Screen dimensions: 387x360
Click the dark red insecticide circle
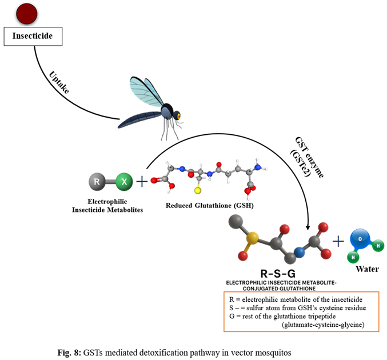[27, 14]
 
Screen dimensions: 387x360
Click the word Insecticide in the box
[33, 36]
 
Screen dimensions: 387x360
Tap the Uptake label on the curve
[59, 82]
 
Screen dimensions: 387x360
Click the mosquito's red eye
[178, 115]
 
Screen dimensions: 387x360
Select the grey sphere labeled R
[97, 182]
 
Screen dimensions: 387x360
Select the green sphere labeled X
[124, 182]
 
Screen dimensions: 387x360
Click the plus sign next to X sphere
[142, 182]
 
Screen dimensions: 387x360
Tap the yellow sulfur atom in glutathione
[197, 190]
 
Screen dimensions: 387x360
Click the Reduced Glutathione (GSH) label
[210, 206]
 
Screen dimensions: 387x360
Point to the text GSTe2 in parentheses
[300, 163]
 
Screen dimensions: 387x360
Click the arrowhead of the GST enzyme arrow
[308, 227]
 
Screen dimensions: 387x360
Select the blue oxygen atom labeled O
[360, 239]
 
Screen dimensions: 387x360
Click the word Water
[367, 269]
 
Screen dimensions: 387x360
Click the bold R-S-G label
[278, 274]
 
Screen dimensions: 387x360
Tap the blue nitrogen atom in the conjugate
[300, 252]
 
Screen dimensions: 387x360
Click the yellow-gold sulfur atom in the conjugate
[252, 238]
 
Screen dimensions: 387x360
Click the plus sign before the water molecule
[338, 241]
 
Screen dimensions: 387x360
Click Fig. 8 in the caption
[69, 353]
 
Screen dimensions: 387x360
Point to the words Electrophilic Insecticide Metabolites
[107, 206]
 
